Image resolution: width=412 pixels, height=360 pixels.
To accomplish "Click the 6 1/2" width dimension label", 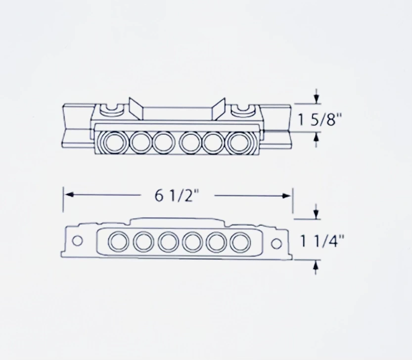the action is click(x=177, y=196).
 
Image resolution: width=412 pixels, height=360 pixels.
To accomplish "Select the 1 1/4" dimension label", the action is click(x=321, y=241).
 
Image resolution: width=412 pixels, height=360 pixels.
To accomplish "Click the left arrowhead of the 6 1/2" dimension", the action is click(x=69, y=195).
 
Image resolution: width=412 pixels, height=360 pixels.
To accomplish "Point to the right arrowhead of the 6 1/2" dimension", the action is click(x=286, y=196).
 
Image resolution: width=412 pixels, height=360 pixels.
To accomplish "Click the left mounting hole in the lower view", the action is click(x=77, y=241).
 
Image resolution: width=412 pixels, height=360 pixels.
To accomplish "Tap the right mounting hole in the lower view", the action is click(x=276, y=244).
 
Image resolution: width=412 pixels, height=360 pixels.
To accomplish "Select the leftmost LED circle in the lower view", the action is click(x=119, y=241).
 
